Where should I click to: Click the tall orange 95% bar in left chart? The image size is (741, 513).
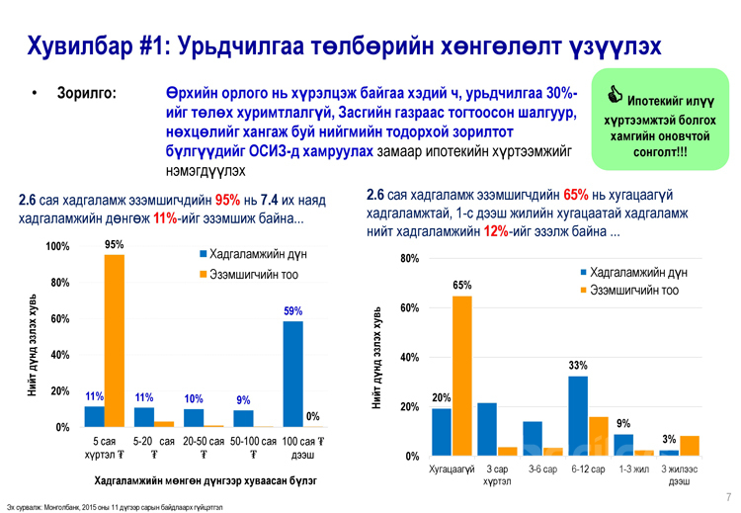(115, 340)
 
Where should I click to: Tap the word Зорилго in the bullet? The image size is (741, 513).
(88, 95)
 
